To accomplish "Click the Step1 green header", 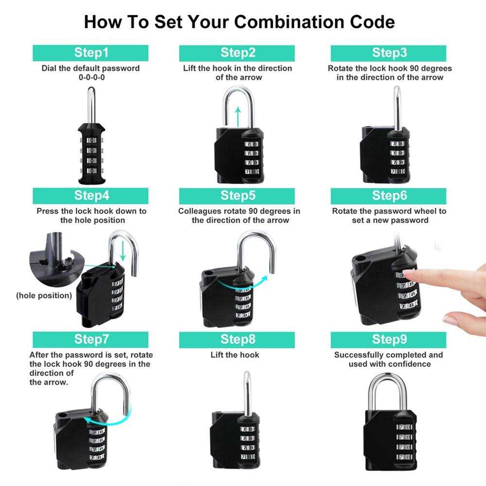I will tap(91, 52).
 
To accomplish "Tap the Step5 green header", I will tap(238, 195).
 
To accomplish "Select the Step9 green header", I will tap(389, 339).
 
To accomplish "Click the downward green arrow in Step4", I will tap(123, 251).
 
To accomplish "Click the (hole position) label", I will tap(44, 295).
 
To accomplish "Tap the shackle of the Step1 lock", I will tap(91, 104).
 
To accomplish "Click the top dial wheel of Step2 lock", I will tap(249, 144).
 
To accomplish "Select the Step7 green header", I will tap(91, 339).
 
